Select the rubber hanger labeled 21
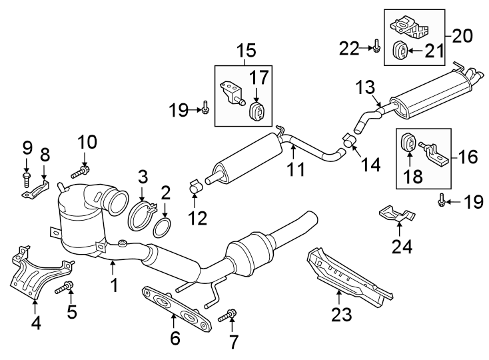(400, 50)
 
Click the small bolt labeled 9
(27, 178)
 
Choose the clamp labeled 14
(348, 141)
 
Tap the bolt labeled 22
(377, 47)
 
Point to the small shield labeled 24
(396, 214)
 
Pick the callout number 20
(459, 35)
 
